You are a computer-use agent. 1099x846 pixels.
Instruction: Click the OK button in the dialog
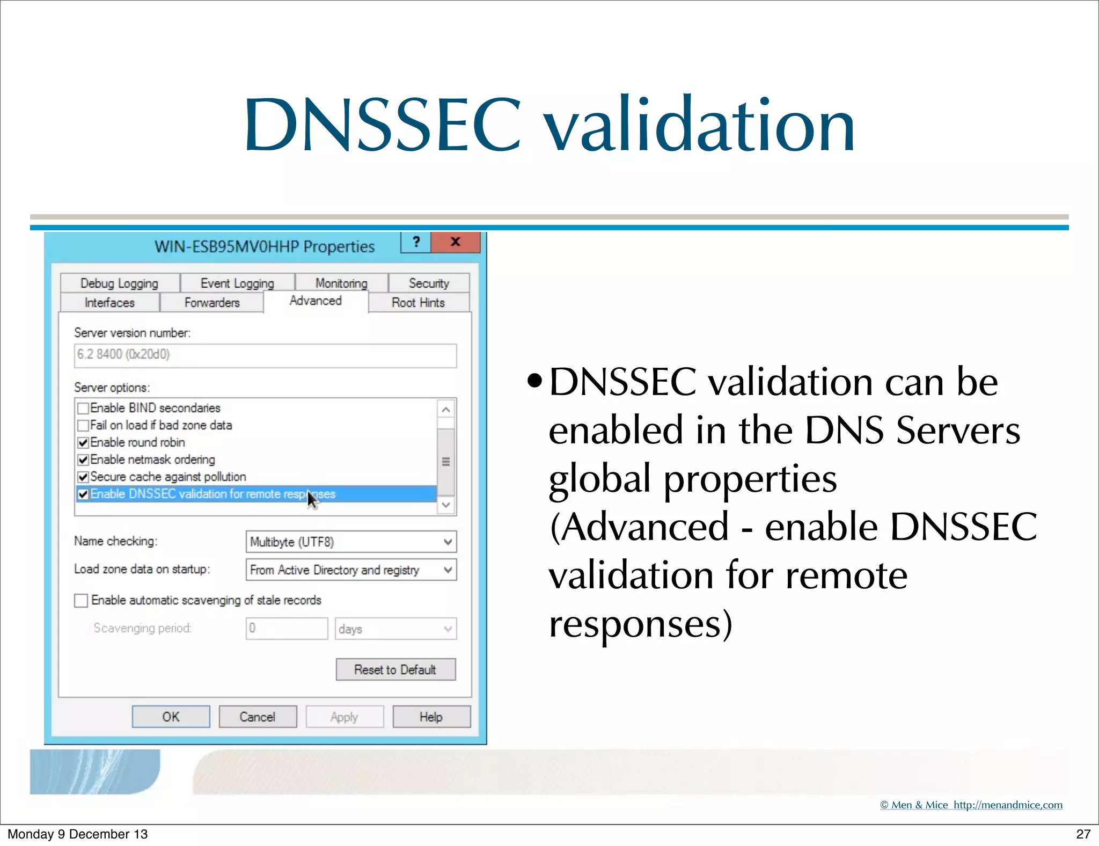click(x=171, y=717)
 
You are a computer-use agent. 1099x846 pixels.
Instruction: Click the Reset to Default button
click(x=395, y=669)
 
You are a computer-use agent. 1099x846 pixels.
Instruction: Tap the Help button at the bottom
click(x=431, y=717)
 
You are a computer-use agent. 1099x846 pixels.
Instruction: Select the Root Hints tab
click(x=418, y=303)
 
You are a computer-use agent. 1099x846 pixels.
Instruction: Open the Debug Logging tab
click(x=119, y=283)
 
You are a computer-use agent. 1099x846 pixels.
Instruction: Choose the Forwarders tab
click(x=212, y=303)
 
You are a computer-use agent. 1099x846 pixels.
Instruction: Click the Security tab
click(x=428, y=283)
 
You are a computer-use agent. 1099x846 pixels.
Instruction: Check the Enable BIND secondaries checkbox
click(x=83, y=409)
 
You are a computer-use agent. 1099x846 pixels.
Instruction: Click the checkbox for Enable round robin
click(x=83, y=443)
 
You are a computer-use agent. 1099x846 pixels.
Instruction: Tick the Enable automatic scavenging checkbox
click(x=81, y=600)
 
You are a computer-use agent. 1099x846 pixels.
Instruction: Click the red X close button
click(x=455, y=242)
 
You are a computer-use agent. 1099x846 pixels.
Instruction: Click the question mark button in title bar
click(x=416, y=242)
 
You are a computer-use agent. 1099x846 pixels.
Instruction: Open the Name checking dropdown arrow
click(x=448, y=542)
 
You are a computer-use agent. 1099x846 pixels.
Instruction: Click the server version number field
click(x=265, y=355)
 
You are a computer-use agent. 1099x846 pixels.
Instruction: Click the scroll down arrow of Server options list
click(x=445, y=505)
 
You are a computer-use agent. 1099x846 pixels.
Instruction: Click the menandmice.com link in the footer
click(x=1007, y=805)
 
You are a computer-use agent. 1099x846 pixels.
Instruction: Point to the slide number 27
click(x=1083, y=834)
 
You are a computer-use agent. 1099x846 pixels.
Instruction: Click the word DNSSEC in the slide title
click(x=382, y=125)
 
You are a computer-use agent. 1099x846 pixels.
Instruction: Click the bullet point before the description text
click(x=534, y=382)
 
